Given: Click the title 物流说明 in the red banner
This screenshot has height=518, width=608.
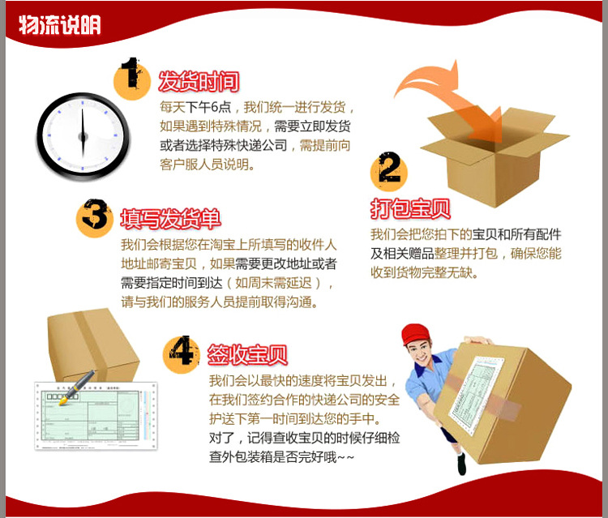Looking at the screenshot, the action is click(60, 25).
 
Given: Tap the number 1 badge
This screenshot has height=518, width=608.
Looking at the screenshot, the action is click(132, 79).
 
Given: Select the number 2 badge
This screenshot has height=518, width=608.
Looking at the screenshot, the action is click(389, 171).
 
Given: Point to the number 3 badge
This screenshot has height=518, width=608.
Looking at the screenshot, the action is click(95, 217).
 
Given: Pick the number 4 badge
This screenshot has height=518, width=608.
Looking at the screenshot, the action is click(182, 353).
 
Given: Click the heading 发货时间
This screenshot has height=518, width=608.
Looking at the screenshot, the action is click(199, 82).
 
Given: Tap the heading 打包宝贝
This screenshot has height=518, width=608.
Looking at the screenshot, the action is click(410, 208).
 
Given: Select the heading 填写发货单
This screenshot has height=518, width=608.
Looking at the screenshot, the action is click(170, 219).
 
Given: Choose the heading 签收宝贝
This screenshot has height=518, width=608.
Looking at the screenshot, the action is click(247, 354).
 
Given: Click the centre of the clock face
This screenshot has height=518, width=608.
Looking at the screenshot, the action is click(83, 136).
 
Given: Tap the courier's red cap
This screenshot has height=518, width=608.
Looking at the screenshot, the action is click(416, 334).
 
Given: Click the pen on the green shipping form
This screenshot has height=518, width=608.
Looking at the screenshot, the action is click(77, 387).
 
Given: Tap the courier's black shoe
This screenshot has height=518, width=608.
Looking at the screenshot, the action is click(461, 464).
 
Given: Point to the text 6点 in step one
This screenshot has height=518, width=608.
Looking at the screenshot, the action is click(221, 107).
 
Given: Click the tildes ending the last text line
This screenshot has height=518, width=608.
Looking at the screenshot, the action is click(346, 458).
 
